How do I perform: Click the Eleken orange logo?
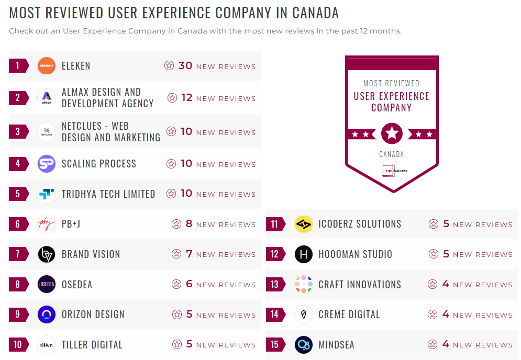47,66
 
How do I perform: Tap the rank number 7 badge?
18,254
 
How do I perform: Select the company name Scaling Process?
99,164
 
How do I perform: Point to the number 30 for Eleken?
185,66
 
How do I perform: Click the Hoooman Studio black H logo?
304,254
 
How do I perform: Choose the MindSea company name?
336,345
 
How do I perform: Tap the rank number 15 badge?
275,345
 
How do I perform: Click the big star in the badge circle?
392,133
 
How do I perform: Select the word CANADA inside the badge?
392,154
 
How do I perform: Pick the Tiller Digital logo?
47,345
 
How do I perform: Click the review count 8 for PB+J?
190,224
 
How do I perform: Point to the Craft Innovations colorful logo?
304,285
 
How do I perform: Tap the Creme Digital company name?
349,314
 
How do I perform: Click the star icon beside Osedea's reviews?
176,285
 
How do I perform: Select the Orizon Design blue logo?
47,314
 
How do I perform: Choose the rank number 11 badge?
275,224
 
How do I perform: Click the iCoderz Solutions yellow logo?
304,224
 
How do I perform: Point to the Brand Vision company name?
91,254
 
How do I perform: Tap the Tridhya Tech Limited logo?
47,194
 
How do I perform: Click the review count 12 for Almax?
187,98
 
